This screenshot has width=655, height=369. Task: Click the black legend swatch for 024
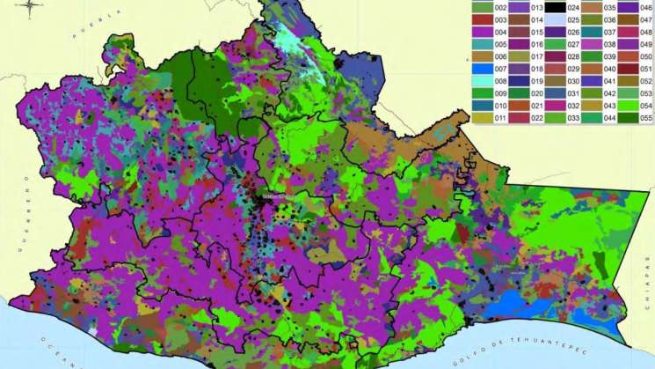553,6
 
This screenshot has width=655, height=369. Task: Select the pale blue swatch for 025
553,18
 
